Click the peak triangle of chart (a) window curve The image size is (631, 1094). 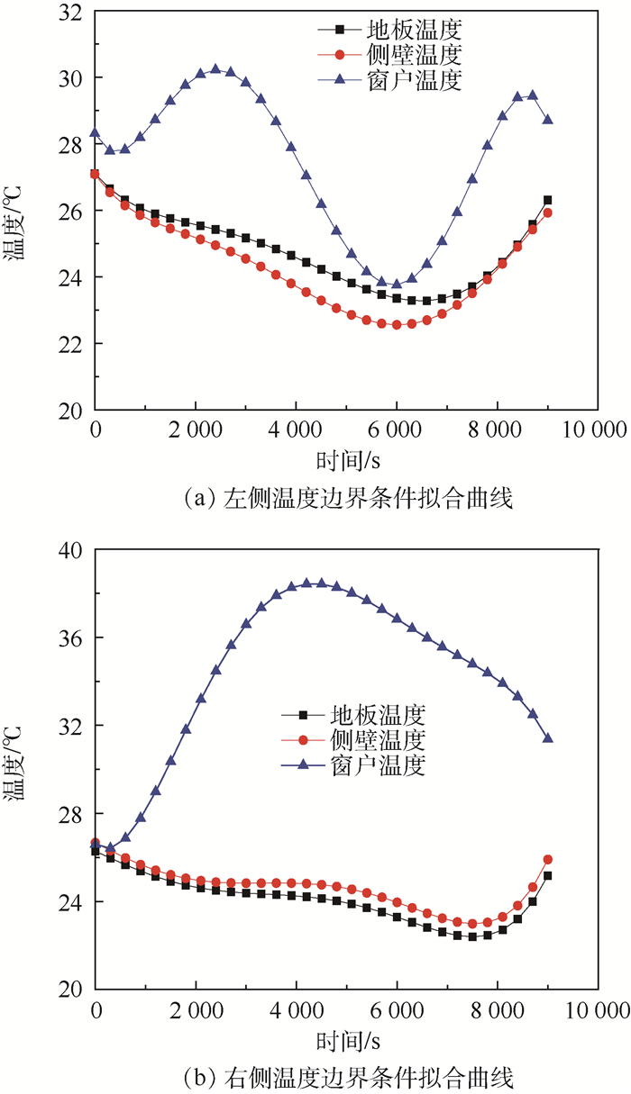(215, 68)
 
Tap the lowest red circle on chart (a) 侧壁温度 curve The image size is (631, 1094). (397, 325)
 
